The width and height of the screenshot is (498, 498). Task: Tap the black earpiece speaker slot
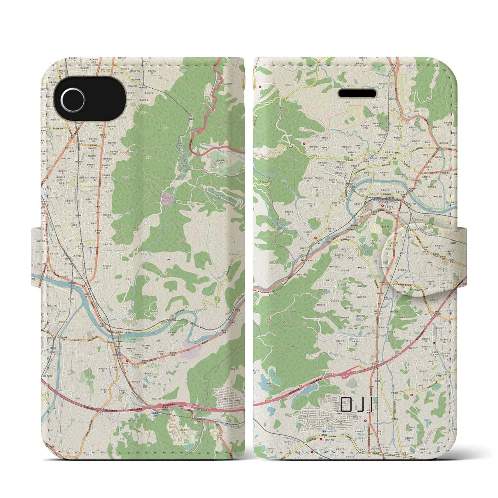point(358,94)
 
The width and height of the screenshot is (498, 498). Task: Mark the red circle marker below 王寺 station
point(382,206)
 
